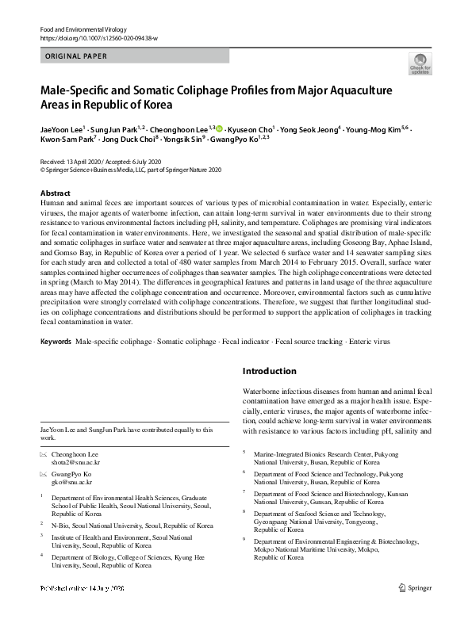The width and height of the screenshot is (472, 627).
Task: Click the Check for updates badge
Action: [419, 64]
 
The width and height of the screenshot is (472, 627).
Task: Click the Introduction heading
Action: [269, 371]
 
